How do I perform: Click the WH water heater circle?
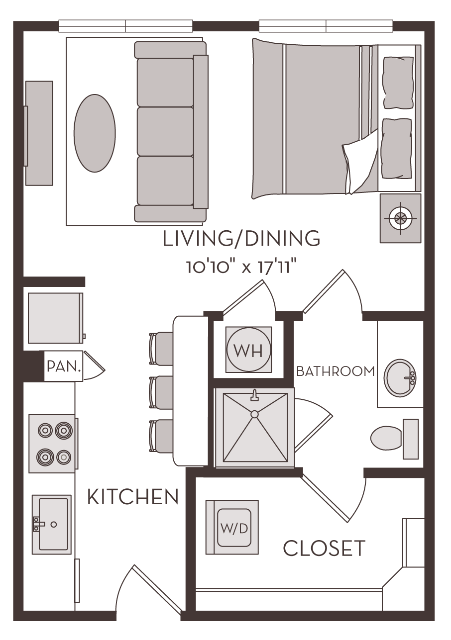pos(248,350)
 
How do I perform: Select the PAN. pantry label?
pos(64,367)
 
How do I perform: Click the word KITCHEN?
pos(133,497)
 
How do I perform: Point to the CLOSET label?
pos(324,549)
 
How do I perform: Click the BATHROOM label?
pos(335,371)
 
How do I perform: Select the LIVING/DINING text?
pos(241,239)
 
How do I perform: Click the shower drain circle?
pos(254,414)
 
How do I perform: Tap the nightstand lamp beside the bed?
pos(399,218)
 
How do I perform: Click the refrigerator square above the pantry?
pos(55,318)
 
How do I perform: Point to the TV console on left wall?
pos(39,133)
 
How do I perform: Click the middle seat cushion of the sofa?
pos(165,132)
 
